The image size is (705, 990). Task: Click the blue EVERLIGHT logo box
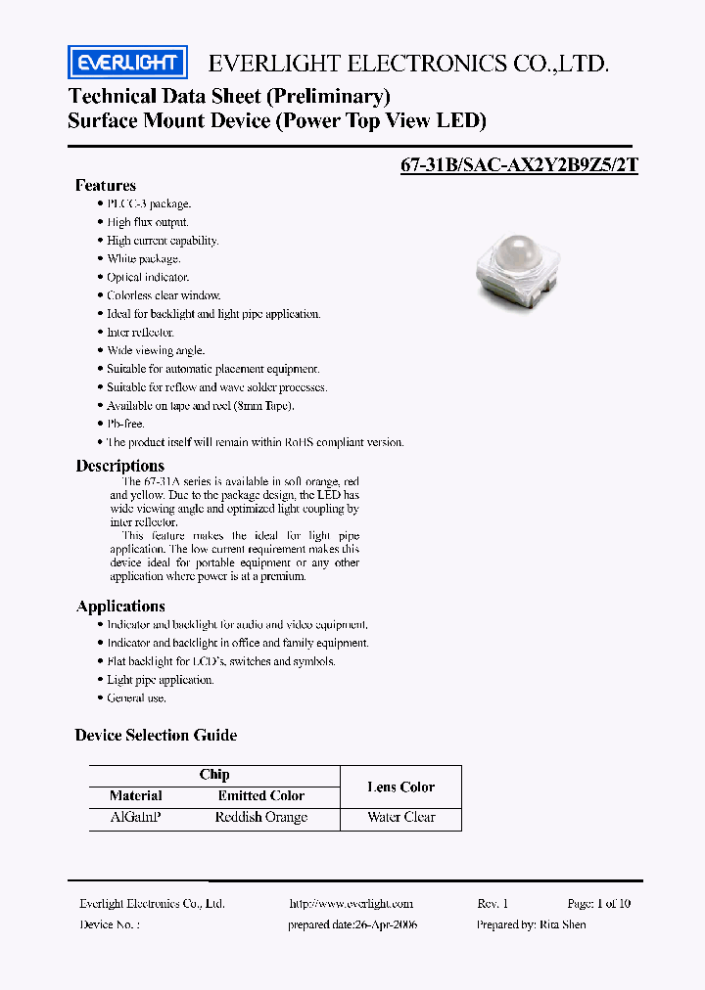[x=127, y=64]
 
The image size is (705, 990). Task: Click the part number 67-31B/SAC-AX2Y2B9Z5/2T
[x=519, y=165]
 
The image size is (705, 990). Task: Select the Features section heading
[x=106, y=185]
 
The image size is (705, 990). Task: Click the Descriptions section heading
[x=120, y=466]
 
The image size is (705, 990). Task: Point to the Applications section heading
[x=120, y=606]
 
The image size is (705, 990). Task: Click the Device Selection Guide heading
[x=156, y=735]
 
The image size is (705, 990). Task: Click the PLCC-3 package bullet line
[x=149, y=203]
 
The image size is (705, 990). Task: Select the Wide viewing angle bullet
[x=156, y=350]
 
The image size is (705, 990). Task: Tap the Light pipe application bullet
[x=160, y=680]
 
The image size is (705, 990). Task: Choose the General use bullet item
[x=136, y=698]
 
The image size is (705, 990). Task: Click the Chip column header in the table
[x=214, y=774]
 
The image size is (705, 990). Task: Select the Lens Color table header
[x=400, y=787]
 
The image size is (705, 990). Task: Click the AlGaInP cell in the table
[x=136, y=817]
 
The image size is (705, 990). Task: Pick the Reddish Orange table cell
[x=260, y=817]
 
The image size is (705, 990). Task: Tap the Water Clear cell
[x=400, y=817]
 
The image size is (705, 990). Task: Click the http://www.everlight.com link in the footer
[x=352, y=904]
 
